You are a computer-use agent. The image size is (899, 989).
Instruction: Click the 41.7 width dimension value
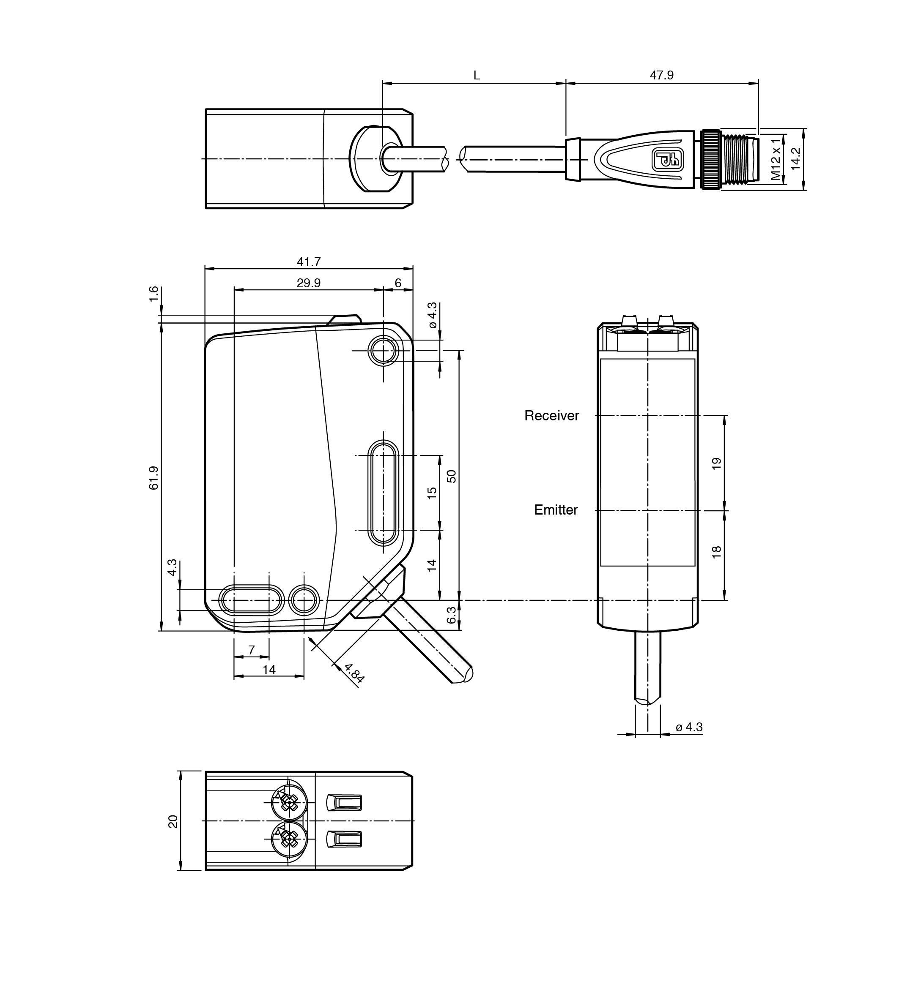click(308, 262)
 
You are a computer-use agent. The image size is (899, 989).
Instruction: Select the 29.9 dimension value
click(308, 283)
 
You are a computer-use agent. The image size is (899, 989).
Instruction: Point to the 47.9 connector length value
click(661, 76)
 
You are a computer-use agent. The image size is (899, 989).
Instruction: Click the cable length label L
click(476, 76)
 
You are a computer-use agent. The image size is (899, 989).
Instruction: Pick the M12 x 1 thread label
click(775, 159)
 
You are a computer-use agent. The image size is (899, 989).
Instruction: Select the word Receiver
click(551, 416)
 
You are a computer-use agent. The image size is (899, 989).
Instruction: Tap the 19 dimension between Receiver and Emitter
click(716, 463)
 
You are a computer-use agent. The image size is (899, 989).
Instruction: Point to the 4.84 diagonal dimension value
click(354, 673)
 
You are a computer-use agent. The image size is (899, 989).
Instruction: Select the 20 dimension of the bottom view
click(173, 821)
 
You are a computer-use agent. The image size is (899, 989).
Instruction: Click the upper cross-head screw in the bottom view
click(290, 803)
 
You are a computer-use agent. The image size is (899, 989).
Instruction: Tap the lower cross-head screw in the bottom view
click(290, 840)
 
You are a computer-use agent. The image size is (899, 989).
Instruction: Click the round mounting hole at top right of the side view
click(384, 351)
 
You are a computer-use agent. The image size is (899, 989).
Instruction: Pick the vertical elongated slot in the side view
click(384, 493)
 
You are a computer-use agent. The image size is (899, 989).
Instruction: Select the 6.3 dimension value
click(452, 615)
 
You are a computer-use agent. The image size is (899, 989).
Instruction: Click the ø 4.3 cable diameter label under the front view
click(689, 727)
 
